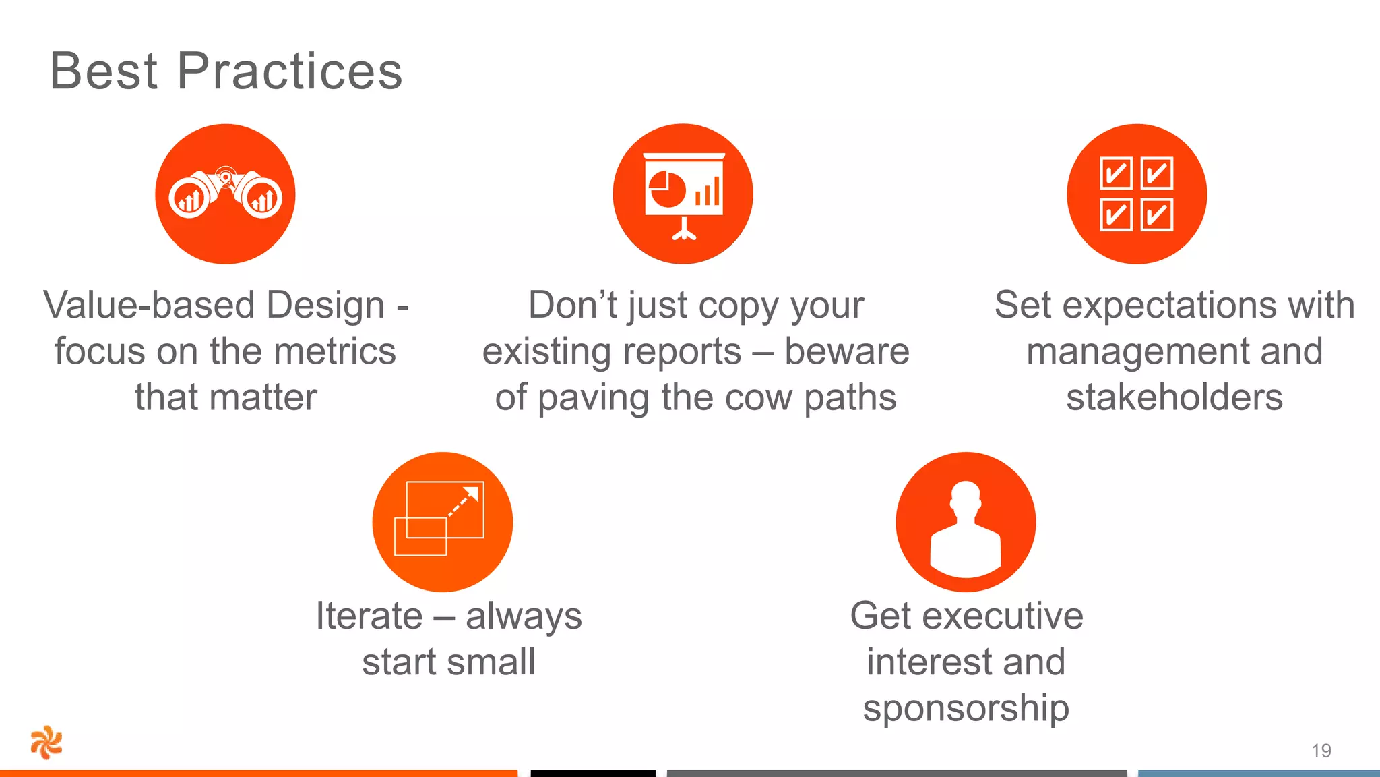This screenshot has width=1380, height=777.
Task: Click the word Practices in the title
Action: (x=290, y=71)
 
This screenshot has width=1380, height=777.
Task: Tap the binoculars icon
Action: (x=225, y=194)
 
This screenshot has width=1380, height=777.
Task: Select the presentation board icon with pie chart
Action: (x=683, y=194)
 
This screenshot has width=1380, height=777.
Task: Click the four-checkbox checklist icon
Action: (x=1136, y=194)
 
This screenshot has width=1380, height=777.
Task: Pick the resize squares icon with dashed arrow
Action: (x=442, y=521)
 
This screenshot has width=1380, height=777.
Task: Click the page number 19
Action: (x=1321, y=751)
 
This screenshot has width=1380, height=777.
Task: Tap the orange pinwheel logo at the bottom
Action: (x=46, y=743)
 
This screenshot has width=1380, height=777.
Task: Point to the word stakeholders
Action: (x=1174, y=397)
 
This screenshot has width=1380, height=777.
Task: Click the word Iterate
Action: (x=369, y=616)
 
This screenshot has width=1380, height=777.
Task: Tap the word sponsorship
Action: (x=966, y=709)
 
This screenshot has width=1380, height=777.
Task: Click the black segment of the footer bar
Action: (x=593, y=773)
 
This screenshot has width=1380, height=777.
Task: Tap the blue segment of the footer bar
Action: (x=1259, y=773)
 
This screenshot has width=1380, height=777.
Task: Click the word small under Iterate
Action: (x=491, y=662)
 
